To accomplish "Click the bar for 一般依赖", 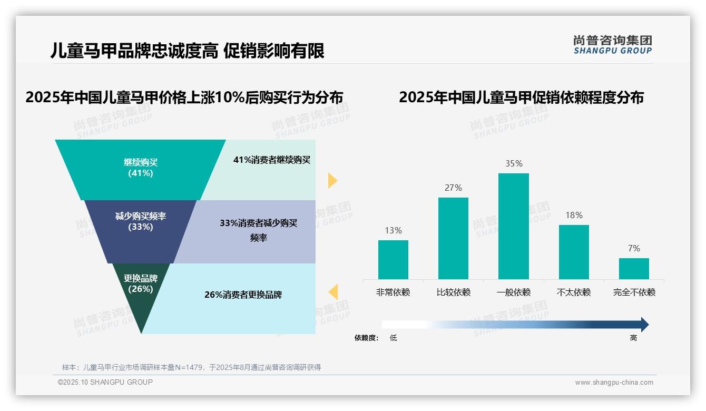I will [513, 227].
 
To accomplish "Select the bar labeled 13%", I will [393, 260].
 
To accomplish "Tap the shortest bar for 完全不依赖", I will [634, 269].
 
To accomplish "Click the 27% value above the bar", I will [453, 188].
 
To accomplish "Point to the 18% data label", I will [574, 216].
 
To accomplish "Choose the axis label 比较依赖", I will [453, 292].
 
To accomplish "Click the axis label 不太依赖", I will [574, 292].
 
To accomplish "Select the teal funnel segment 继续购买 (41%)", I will [140, 168].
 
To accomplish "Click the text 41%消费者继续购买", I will [272, 160].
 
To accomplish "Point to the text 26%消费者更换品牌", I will [243, 295].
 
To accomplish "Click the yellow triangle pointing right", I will [332, 180].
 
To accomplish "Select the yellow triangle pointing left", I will [333, 291].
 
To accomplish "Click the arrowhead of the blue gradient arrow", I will [644, 325].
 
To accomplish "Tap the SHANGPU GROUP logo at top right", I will [612, 45].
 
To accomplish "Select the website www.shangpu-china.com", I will [614, 383].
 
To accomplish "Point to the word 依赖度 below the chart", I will [366, 338].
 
